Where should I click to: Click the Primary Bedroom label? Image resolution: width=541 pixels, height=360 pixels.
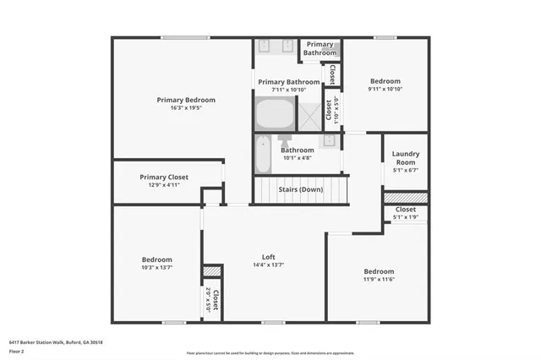186,100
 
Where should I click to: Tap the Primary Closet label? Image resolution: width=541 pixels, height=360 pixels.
164,177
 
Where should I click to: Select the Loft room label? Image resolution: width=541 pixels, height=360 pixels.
268,257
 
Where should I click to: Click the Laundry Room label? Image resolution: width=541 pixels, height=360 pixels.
406,157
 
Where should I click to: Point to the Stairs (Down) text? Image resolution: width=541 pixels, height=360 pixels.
301,189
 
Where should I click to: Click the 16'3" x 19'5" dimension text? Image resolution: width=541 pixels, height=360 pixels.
186,108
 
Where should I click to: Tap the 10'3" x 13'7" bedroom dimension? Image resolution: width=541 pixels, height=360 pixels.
156,268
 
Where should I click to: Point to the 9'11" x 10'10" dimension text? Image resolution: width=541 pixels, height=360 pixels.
385,89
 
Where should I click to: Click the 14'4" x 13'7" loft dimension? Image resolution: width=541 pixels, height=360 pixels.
268,265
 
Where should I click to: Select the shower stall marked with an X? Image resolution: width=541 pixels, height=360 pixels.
310,111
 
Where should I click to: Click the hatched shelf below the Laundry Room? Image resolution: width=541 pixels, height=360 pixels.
406,197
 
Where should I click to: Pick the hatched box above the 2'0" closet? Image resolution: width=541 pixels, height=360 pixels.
211,271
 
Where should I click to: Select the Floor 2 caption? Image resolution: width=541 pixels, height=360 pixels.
16,350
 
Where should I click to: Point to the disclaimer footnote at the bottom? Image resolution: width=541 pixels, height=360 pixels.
270,353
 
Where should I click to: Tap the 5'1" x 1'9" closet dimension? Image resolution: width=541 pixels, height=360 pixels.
406,217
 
